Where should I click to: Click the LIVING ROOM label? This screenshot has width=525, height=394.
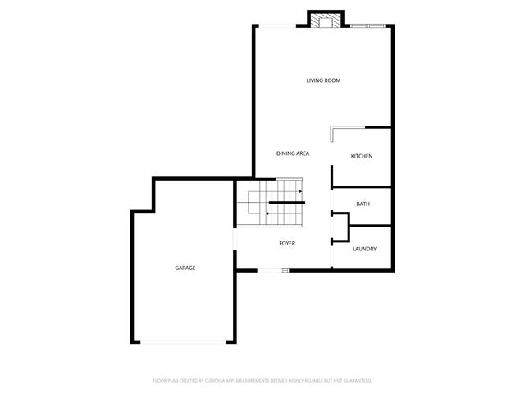323,80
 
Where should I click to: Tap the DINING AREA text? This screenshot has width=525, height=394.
292,153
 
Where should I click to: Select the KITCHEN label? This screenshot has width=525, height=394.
362,156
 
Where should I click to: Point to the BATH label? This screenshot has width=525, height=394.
362,204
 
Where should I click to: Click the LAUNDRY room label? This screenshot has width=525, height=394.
364,249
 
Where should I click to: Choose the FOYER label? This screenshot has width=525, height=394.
287,243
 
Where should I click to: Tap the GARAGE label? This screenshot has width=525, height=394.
185,268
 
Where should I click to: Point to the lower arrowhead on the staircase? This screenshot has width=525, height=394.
267,213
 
